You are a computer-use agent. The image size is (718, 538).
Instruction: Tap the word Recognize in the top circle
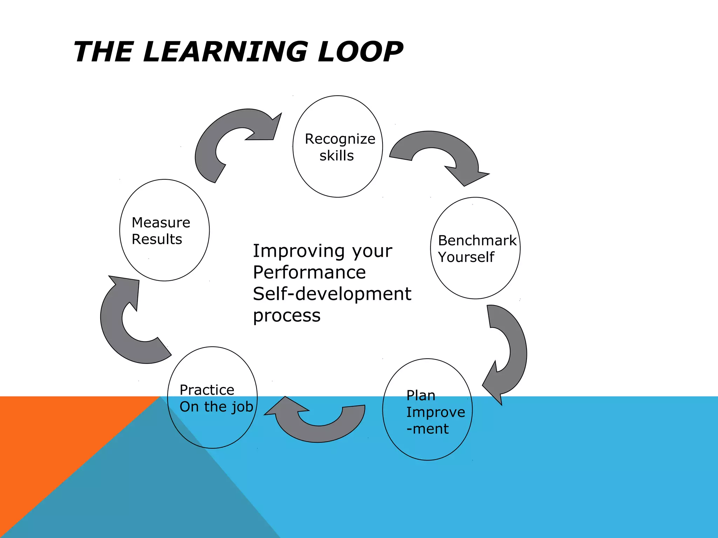[x=340, y=139]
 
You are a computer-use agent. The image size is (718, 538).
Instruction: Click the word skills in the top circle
[x=336, y=156]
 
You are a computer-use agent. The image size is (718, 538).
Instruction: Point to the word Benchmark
[x=477, y=241]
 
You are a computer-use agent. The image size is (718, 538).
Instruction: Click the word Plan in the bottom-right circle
[x=421, y=395]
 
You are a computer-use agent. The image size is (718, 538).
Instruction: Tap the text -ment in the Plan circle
[x=427, y=429]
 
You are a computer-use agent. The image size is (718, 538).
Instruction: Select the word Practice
[x=207, y=390]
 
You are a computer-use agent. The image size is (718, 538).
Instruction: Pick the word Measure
[x=161, y=223]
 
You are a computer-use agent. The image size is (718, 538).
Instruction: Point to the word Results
[x=157, y=240]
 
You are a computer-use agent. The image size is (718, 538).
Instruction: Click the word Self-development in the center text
[x=332, y=294]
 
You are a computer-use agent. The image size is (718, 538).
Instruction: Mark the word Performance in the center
[x=309, y=273]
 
